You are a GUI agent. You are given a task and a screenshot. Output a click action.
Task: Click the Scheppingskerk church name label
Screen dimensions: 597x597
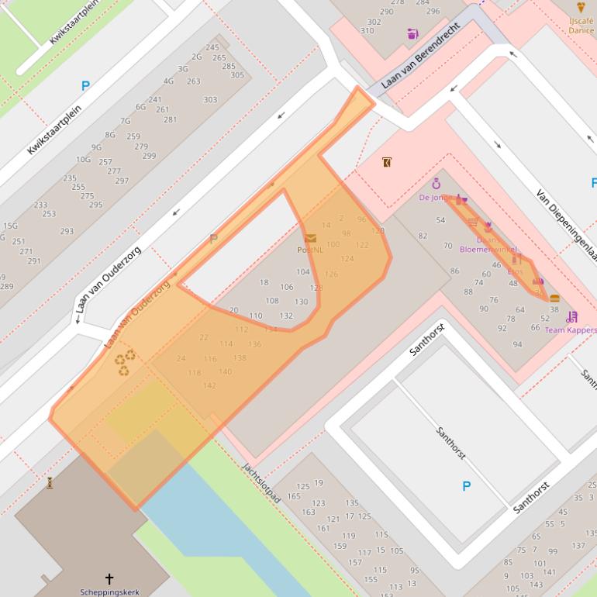[109, 592]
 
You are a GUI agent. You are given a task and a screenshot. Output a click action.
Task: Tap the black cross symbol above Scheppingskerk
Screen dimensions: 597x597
[109, 578]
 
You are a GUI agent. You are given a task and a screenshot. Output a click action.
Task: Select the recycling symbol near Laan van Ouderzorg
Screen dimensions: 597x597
[125, 362]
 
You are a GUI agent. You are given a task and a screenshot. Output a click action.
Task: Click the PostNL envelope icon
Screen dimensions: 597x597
[310, 238]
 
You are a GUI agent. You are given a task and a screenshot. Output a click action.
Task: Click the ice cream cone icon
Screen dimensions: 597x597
[581, 8]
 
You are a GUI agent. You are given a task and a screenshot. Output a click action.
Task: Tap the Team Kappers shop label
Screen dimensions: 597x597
[570, 330]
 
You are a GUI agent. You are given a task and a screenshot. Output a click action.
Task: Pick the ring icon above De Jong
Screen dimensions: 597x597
[436, 184]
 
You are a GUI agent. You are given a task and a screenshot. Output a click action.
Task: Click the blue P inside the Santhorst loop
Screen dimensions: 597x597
[466, 486]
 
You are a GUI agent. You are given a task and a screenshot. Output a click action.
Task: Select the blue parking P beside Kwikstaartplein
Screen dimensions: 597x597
[85, 86]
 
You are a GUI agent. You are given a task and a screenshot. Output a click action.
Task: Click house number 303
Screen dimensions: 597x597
[210, 99]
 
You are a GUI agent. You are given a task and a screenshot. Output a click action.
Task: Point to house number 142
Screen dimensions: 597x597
[209, 385]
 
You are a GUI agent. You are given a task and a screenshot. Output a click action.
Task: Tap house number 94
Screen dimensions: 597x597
[517, 344]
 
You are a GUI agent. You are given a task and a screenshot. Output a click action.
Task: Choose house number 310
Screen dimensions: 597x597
[368, 31]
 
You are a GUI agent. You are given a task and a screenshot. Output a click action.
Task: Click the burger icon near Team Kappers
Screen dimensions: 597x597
[554, 298]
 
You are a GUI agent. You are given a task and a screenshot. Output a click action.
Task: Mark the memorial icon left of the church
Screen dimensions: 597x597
[50, 483]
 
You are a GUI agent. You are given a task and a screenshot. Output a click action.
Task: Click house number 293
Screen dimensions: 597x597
[67, 231]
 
